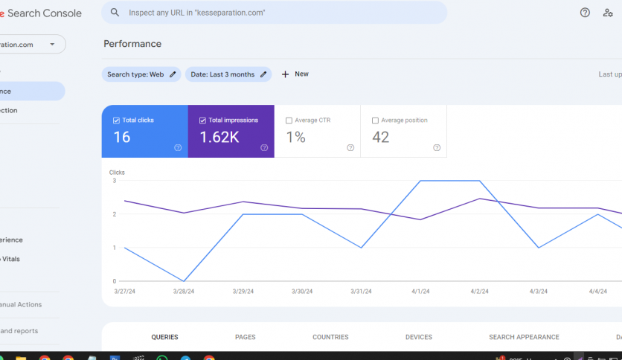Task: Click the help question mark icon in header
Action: click(x=585, y=13)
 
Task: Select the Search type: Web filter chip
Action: click(x=141, y=74)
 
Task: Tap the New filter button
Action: click(x=295, y=74)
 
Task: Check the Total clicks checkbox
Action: click(x=116, y=120)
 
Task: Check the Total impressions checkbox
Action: click(x=202, y=120)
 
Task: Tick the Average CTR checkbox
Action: click(x=289, y=120)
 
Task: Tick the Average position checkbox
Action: click(x=375, y=120)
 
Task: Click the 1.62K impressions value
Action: click(x=219, y=138)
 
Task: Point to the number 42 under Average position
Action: click(x=380, y=138)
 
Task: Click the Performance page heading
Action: click(x=132, y=44)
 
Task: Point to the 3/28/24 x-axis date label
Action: click(x=184, y=292)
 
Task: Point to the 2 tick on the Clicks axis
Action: click(x=114, y=214)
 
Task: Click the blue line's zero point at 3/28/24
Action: click(x=184, y=281)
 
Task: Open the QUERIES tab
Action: click(x=164, y=337)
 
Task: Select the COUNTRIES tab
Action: click(x=330, y=337)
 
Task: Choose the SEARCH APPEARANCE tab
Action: click(x=524, y=337)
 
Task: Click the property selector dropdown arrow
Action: click(x=52, y=44)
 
